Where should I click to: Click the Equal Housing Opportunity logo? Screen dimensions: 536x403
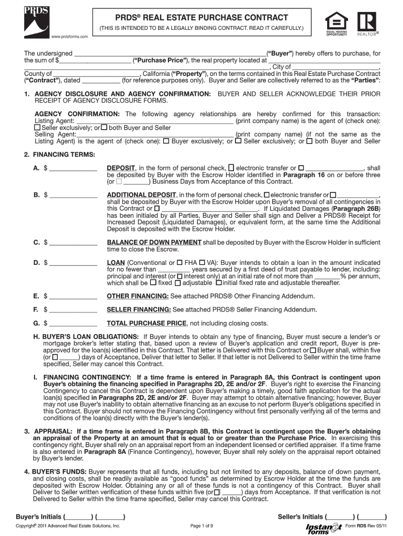point(336,23)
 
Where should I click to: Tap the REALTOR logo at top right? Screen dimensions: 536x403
point(368,23)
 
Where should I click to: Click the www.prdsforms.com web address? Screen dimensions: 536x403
point(70,36)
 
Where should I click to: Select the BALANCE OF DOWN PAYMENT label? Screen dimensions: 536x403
point(154,242)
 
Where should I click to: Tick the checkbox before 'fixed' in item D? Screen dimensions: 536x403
point(153,283)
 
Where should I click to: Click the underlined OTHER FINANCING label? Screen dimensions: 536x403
point(138,296)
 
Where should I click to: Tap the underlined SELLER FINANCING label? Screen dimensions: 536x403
point(138,310)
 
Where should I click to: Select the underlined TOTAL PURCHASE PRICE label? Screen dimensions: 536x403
point(147,323)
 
